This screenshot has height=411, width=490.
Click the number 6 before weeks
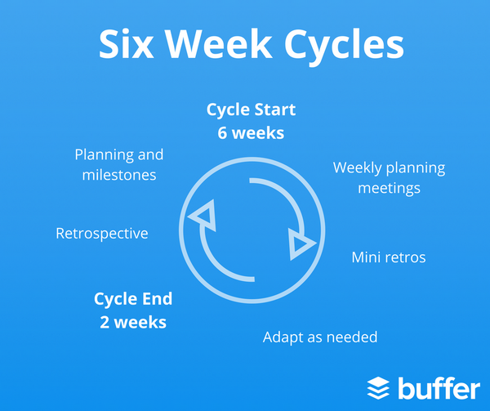click(x=222, y=132)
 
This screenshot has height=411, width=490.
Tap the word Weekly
click(x=360, y=168)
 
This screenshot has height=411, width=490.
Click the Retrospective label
click(x=101, y=234)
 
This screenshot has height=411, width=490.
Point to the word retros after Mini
click(x=407, y=258)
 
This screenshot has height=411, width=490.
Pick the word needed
click(x=352, y=337)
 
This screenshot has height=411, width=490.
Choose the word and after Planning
click(x=150, y=154)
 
